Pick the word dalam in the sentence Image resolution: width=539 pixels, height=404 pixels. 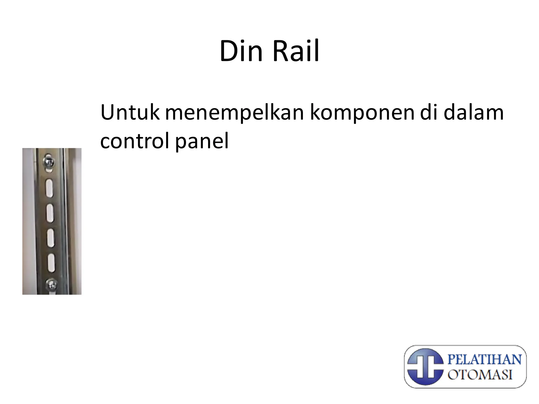pyautogui.click(x=473, y=113)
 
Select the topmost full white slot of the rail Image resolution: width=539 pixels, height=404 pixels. pyautogui.click(x=49, y=188)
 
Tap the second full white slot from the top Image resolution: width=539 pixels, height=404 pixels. pyautogui.click(x=50, y=213)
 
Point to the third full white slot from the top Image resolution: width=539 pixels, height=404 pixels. pyautogui.click(x=51, y=238)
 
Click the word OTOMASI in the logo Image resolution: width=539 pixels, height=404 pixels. pyautogui.click(x=480, y=374)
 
